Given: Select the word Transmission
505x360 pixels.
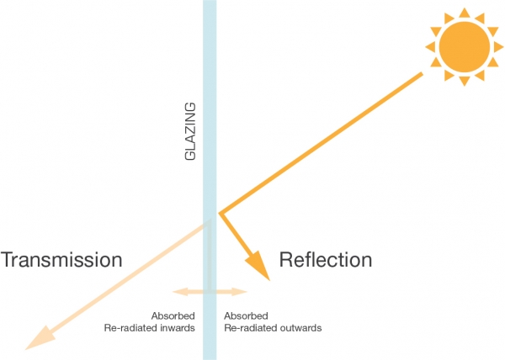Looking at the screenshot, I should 62,260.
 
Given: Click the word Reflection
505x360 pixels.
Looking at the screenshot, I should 325,260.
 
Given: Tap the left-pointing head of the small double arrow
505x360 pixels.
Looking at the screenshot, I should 178,292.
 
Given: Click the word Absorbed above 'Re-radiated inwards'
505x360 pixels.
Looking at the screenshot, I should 179,316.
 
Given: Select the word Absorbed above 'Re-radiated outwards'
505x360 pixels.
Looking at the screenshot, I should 242,316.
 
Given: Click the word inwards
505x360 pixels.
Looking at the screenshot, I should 179,328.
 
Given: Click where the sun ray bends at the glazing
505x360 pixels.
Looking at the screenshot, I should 220,214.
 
